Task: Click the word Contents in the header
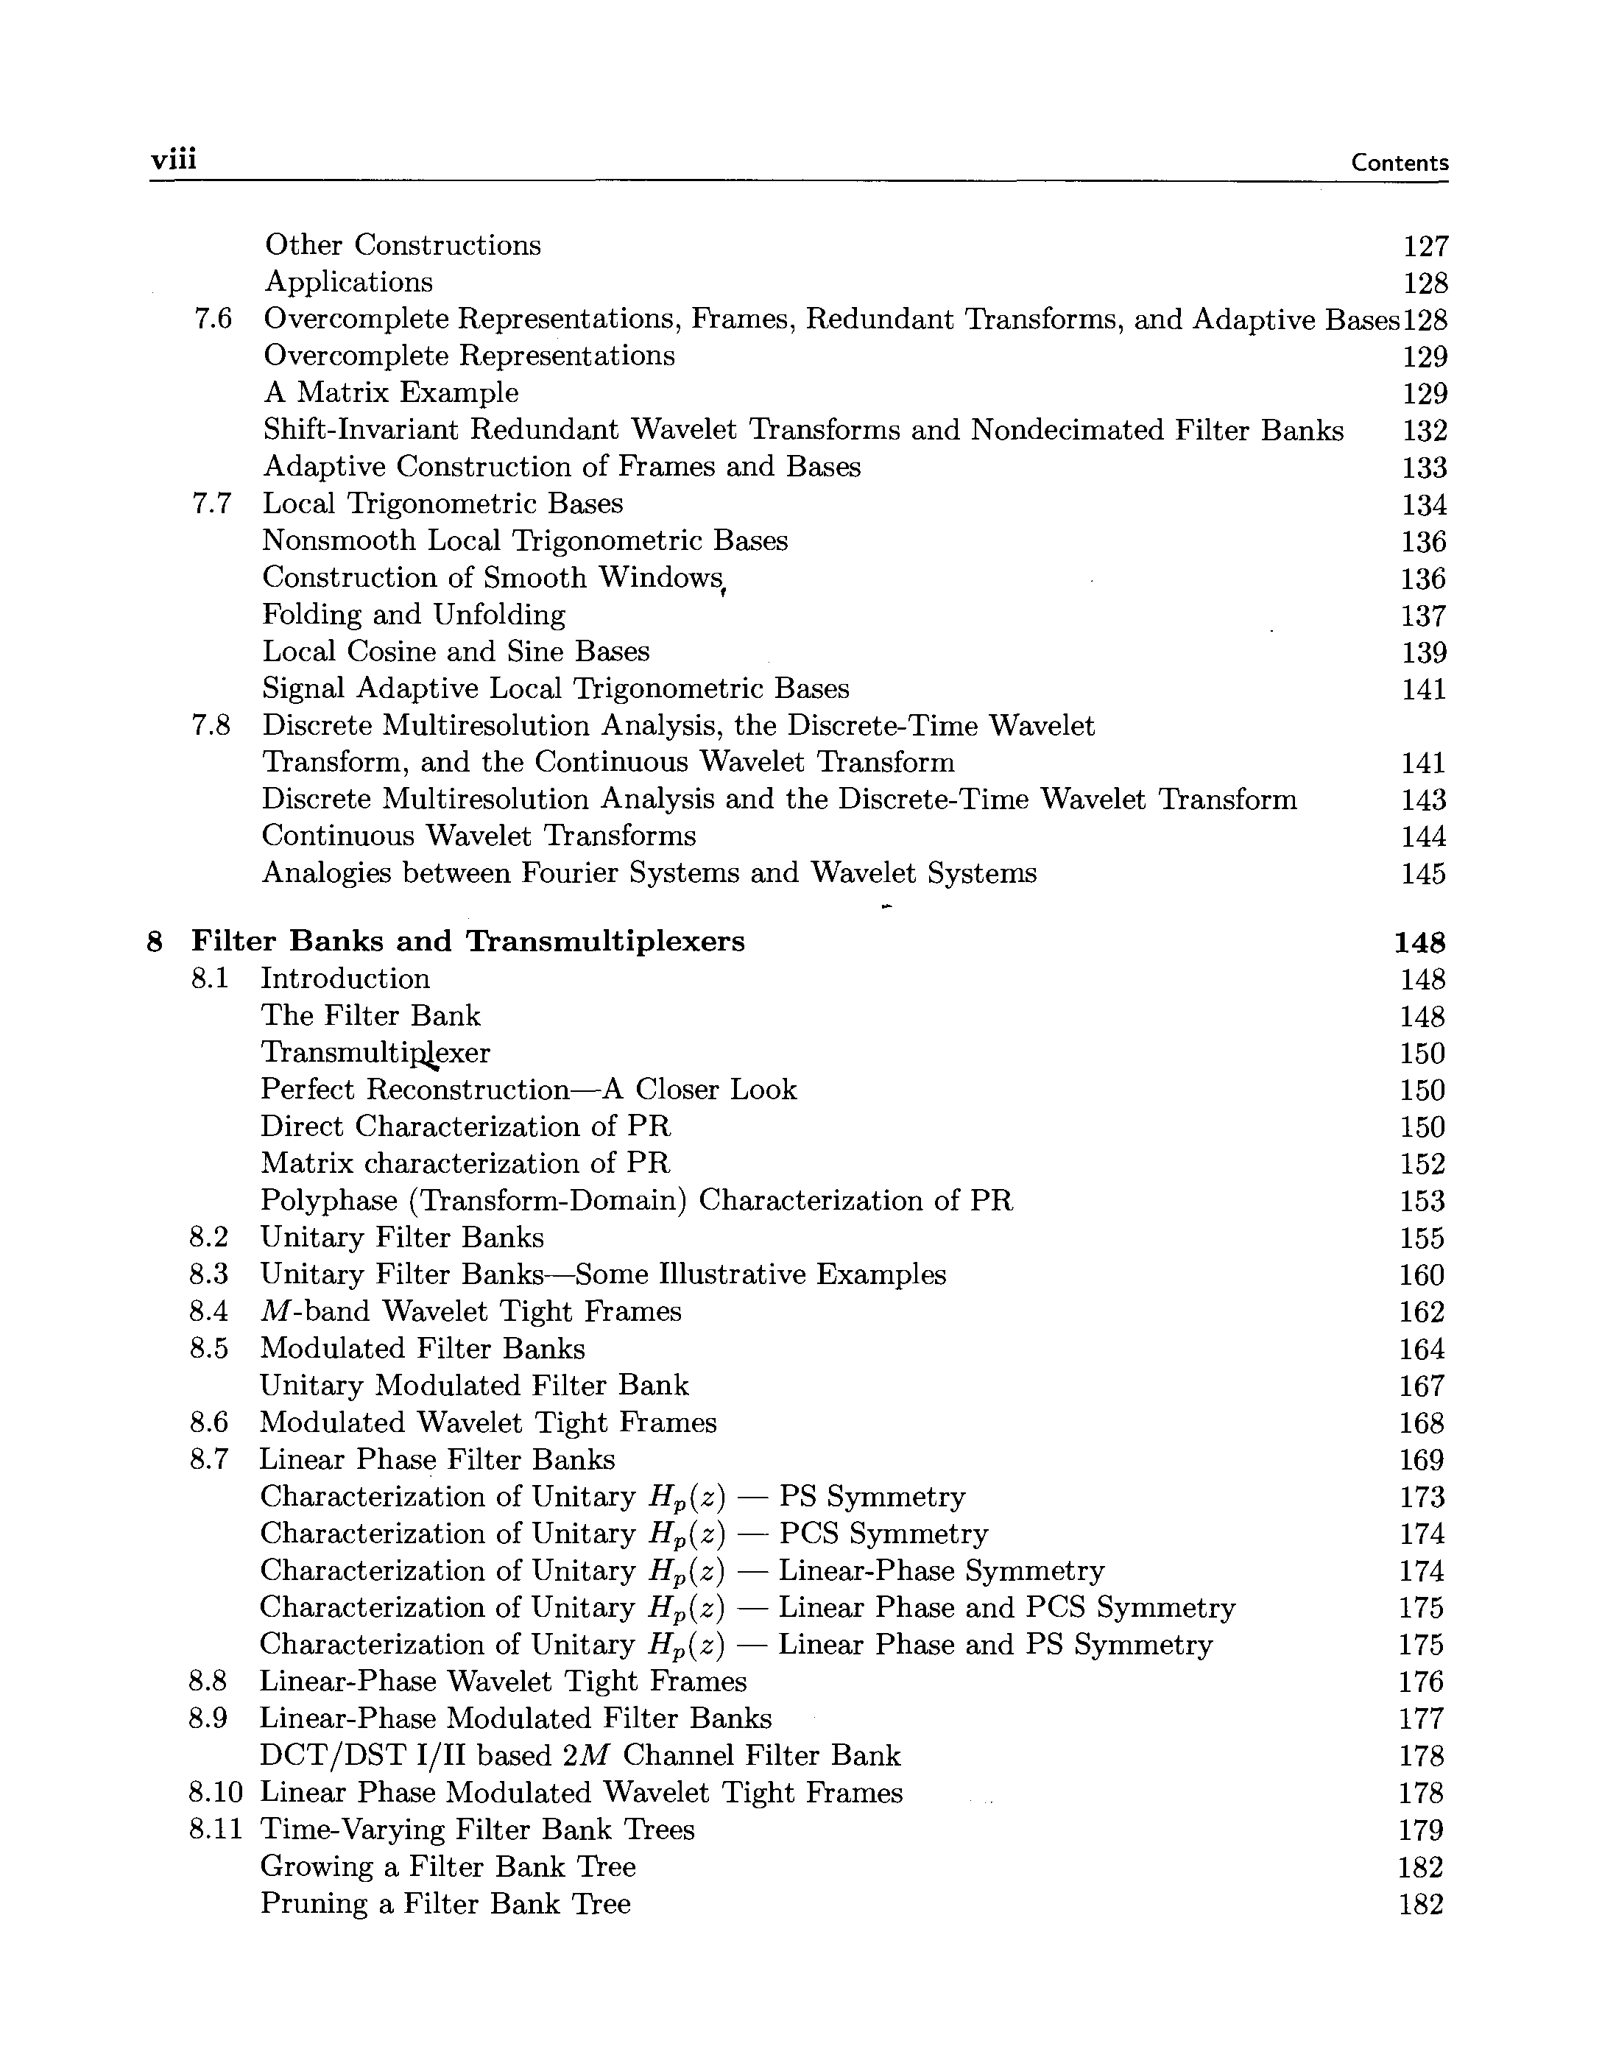(1399, 163)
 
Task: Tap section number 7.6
(213, 320)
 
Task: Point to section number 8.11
(216, 1829)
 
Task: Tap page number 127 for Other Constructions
(1425, 247)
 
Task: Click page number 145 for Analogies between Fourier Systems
(1424, 874)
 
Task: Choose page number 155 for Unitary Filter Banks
(1422, 1238)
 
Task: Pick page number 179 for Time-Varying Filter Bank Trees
(1421, 1830)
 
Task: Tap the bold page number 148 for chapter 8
(1419, 942)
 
